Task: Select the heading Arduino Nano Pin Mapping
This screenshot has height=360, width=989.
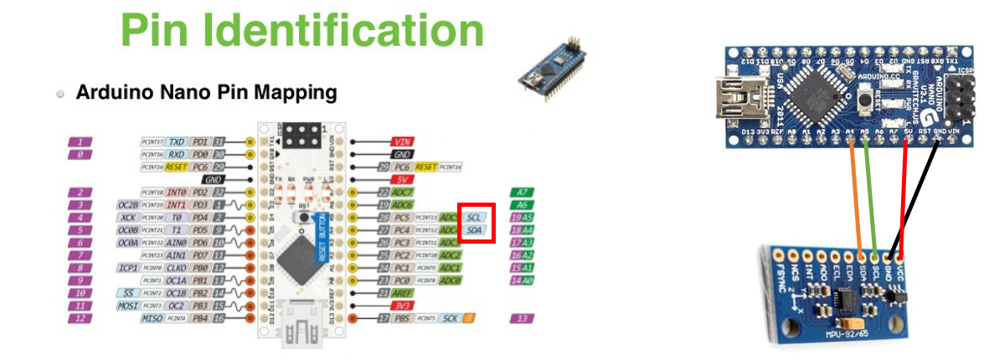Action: click(x=206, y=92)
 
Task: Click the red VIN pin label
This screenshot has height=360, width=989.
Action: click(x=402, y=142)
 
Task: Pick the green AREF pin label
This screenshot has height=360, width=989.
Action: click(x=404, y=293)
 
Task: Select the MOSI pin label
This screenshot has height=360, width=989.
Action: click(x=127, y=306)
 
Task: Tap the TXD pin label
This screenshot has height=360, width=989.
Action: click(x=176, y=142)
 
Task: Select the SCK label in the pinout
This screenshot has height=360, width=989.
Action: click(x=451, y=319)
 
